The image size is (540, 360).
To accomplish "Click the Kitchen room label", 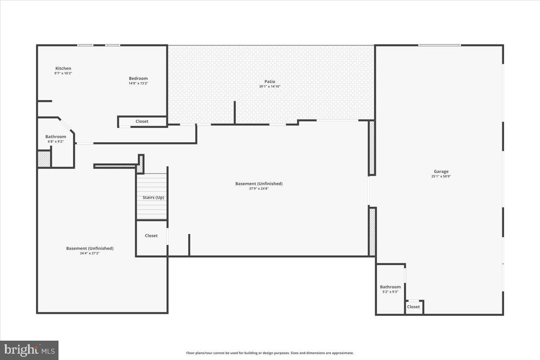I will [x=63, y=68].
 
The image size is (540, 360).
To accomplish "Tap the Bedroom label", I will [x=138, y=78].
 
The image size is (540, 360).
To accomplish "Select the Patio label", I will [x=270, y=81].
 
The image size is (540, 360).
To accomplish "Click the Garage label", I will [x=441, y=171].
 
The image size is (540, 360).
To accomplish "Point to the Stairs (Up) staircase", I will [x=152, y=197].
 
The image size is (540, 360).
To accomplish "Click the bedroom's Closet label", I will [x=142, y=121].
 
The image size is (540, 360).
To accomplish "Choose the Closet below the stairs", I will [x=151, y=236].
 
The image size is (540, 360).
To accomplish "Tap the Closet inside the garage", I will [x=413, y=307].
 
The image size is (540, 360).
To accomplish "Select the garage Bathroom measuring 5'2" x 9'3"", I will [x=390, y=287].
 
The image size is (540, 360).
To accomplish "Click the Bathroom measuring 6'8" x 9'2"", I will [x=56, y=137].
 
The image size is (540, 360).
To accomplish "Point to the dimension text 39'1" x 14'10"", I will [x=270, y=86].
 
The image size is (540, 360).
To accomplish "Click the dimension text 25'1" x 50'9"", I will [x=441, y=176].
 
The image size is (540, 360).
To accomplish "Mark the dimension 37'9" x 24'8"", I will [x=259, y=189].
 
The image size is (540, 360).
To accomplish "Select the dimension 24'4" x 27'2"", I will [x=90, y=253].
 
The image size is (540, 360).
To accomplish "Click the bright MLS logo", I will [x=29, y=350].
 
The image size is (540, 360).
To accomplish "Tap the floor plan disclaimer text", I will [x=270, y=353].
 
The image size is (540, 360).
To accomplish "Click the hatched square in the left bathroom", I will [x=44, y=159].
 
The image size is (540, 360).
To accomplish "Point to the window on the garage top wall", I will [x=439, y=45].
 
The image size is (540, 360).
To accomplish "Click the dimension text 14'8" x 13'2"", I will [x=138, y=83].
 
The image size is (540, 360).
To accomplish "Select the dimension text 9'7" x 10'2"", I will [x=63, y=73].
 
